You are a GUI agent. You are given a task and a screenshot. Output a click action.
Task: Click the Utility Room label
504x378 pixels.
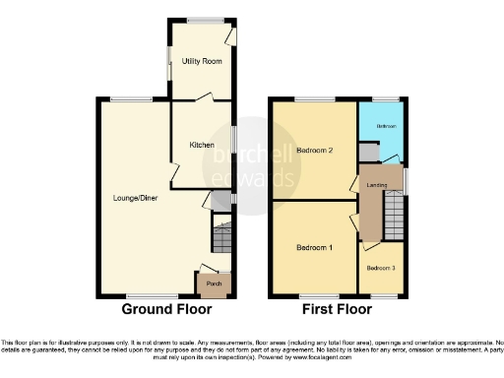pos(202,61)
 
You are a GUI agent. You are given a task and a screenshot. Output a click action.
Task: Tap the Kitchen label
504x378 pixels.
pos(202,145)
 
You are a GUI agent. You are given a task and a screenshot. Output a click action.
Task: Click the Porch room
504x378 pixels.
pos(213,284)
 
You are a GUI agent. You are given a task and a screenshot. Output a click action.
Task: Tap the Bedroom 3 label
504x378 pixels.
pos(382,268)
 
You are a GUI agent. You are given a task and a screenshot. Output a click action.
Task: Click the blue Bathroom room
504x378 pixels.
pos(383,133)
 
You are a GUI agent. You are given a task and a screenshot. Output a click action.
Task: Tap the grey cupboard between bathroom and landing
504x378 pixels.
pos(367,152)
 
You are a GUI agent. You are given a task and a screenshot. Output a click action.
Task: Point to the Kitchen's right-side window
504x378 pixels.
pos(233,139)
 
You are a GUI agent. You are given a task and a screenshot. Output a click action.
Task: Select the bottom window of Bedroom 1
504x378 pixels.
pos(315,295)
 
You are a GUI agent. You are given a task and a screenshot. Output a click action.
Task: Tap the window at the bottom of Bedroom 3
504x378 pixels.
pos(383,295)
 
